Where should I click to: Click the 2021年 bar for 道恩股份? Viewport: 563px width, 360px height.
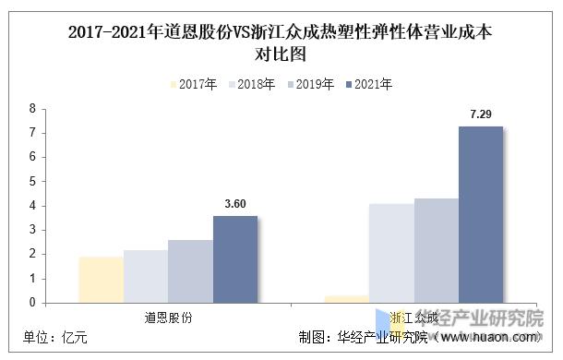click(235, 259)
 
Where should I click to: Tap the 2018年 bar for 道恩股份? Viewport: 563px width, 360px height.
click(146, 276)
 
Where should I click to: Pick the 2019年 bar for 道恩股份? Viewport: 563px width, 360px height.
click(190, 271)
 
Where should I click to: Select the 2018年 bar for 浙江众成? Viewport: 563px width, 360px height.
click(391, 253)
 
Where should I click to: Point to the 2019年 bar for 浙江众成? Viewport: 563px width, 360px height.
click(437, 250)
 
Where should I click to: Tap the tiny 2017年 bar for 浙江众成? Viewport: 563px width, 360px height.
click(347, 299)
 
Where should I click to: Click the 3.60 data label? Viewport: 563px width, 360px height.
click(235, 204)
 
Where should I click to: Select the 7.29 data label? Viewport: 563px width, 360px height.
click(481, 114)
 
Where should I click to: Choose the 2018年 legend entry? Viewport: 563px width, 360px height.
click(249, 84)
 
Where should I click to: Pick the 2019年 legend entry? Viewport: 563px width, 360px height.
click(308, 84)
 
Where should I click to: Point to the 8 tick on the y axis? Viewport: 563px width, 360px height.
click(32, 109)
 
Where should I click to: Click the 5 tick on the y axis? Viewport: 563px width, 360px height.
click(32, 181)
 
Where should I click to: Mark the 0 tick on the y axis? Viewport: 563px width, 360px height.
click(32, 302)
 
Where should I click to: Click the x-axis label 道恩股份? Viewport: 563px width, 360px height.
click(168, 317)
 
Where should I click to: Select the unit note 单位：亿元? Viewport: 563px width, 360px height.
click(56, 338)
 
